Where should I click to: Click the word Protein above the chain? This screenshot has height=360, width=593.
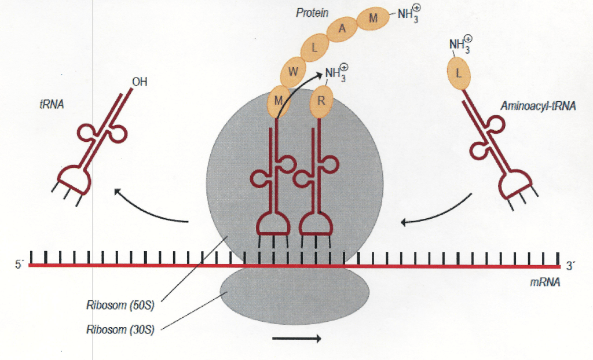(x=313, y=12)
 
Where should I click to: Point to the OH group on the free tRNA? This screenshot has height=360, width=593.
(x=140, y=82)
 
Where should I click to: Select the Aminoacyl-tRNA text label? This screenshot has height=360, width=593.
(x=538, y=106)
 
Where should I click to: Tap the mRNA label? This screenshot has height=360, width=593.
(x=544, y=284)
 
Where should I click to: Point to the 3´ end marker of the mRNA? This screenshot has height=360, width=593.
(x=571, y=266)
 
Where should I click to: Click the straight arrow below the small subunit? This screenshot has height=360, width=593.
(x=296, y=339)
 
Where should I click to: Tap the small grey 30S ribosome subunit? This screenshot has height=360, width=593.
(x=294, y=295)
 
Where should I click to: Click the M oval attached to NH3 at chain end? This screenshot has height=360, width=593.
(x=373, y=18)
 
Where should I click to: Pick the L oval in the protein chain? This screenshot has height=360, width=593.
(x=314, y=49)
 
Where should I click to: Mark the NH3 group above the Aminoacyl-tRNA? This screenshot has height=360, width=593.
(x=460, y=45)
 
